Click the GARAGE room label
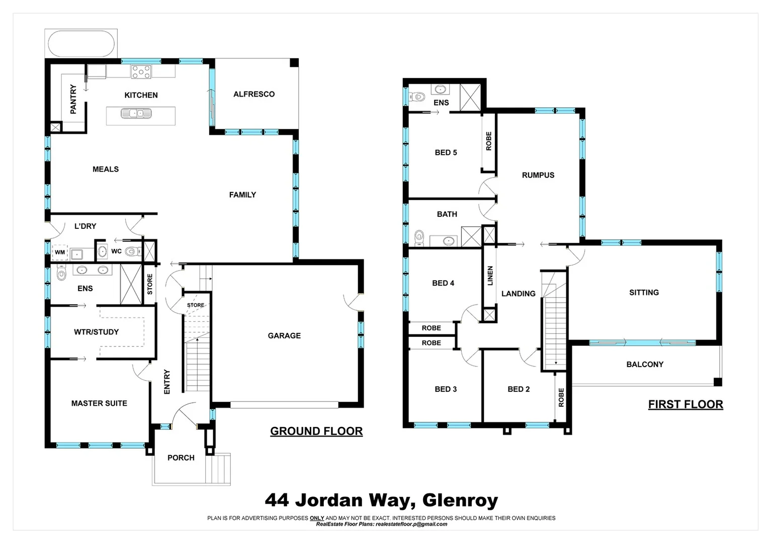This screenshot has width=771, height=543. [284, 336]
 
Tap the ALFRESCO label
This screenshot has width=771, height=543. [254, 94]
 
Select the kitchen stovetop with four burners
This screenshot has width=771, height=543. [141, 71]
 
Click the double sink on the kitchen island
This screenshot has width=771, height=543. [136, 114]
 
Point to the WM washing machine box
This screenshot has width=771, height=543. [60, 252]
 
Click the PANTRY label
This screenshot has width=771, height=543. [73, 99]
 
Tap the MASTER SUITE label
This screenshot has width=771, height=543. [99, 403]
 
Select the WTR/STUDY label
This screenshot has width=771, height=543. [96, 332]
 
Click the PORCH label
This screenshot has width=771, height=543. [181, 458]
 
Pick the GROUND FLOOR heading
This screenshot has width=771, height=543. [316, 431]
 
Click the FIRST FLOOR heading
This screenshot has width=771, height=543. [686, 405]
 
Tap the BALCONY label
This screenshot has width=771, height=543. [645, 365]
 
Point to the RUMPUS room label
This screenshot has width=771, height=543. [538, 175]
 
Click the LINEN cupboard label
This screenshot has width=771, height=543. [490, 276]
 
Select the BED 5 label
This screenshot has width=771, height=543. [446, 153]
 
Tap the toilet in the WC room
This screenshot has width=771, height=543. [131, 251]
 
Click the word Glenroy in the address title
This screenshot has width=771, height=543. [460, 500]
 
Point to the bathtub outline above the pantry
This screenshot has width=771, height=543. [81, 44]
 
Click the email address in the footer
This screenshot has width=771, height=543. [411, 524]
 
